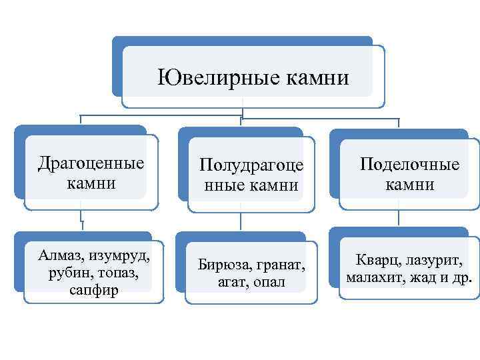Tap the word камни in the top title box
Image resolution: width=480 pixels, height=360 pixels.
(317, 78)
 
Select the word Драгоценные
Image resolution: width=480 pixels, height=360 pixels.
(91, 163)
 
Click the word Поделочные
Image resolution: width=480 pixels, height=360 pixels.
(410, 164)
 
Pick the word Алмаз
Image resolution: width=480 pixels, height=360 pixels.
(61, 256)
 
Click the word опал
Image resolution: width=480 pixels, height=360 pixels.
(268, 282)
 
